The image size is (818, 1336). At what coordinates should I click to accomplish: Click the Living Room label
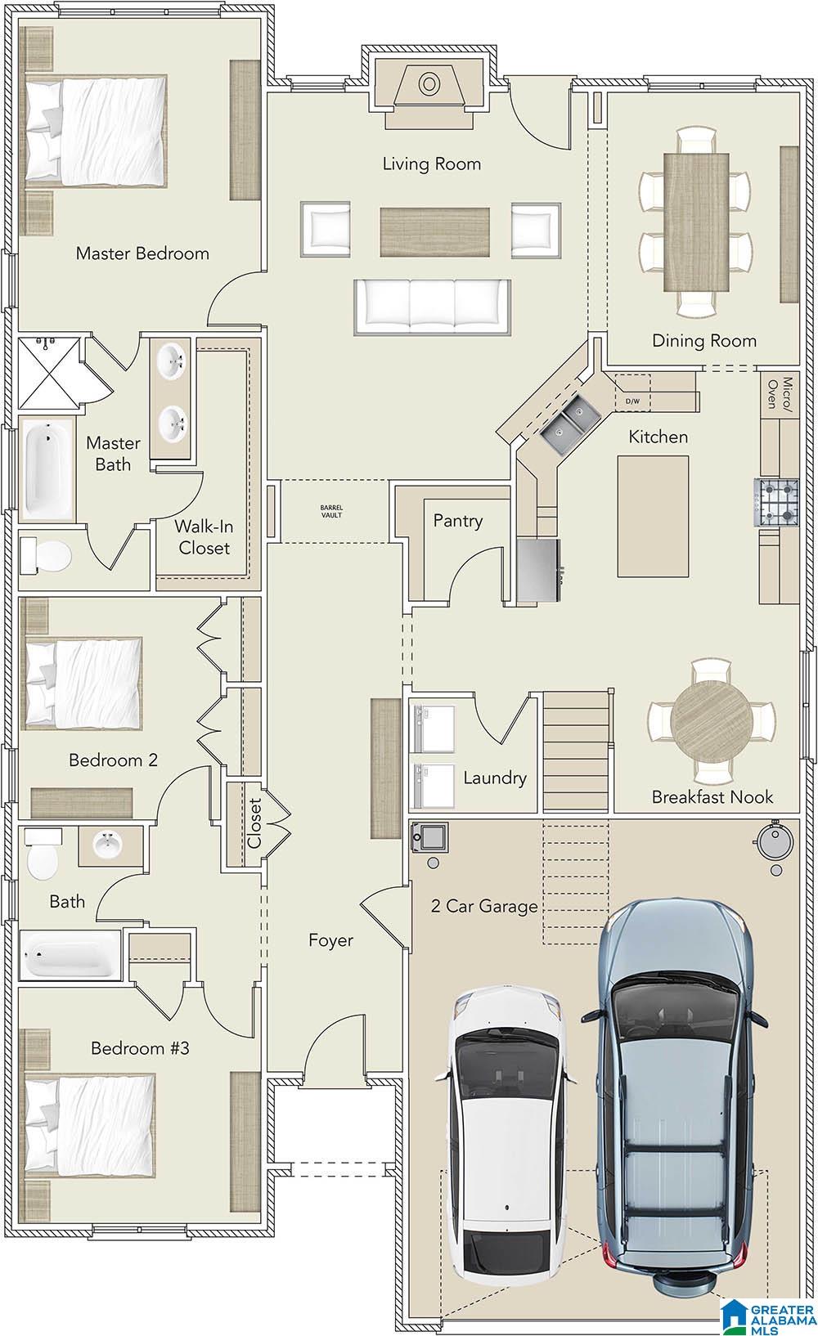(431, 164)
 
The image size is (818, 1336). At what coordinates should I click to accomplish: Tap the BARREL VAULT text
(332, 512)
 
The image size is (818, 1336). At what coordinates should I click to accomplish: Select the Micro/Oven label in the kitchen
(780, 393)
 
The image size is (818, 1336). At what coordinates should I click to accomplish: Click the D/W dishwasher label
(632, 401)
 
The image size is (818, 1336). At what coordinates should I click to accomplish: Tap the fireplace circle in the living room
(429, 84)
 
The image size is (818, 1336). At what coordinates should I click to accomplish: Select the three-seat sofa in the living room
(433, 306)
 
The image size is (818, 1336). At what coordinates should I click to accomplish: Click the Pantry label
(457, 521)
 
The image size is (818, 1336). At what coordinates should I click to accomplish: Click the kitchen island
(653, 516)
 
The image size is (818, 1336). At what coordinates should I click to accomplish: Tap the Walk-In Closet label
(204, 537)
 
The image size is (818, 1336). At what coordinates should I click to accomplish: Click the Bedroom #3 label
(140, 1047)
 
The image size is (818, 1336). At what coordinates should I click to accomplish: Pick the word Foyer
(330, 940)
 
